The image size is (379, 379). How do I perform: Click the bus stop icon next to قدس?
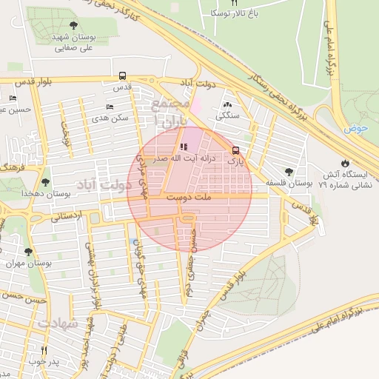click(x=122, y=76)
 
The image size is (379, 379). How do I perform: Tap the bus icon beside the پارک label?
click(x=236, y=149)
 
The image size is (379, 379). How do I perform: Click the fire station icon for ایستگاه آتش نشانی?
click(x=344, y=163)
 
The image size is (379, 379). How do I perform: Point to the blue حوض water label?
click(x=355, y=128)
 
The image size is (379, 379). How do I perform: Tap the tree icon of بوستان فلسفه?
click(x=289, y=172)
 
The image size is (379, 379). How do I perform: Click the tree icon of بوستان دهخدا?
click(x=46, y=182)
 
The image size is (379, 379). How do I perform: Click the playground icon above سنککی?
click(x=226, y=105)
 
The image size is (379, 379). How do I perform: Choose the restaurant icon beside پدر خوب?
click(x=44, y=350)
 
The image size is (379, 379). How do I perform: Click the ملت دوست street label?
click(x=188, y=198)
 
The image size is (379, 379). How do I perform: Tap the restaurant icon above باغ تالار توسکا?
click(x=235, y=3)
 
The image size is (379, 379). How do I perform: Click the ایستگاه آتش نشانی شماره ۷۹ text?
click(x=343, y=178)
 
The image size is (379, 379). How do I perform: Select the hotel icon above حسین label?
click(x=13, y=98)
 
